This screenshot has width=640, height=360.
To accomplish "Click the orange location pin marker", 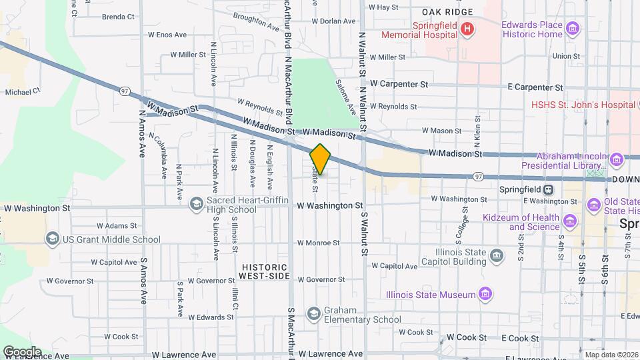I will pos(321,159).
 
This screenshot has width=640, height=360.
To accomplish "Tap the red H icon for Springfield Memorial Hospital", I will pos(467,29).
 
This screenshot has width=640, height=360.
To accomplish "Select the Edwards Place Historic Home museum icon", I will pos(572,29).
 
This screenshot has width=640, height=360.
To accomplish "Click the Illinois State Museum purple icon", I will pos(485,294).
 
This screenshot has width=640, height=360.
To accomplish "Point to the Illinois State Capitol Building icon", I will pos(496,256).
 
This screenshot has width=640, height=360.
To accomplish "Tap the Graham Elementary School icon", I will pos(314,313).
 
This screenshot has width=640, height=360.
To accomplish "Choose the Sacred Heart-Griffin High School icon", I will pos(197,203).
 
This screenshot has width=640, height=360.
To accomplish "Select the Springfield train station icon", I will pos(548,189).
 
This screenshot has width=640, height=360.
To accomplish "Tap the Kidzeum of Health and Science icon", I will pos(570,221).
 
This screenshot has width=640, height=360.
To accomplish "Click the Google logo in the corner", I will pos(22,351).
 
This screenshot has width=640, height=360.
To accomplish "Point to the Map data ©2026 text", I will pos(611,355).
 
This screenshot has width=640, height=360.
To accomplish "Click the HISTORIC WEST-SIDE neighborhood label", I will pos(265,271).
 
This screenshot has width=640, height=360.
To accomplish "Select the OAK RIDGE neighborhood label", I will pos(447,12).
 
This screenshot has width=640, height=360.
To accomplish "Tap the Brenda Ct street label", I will pos(118,16).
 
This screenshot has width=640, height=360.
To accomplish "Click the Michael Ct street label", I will pos(23,91).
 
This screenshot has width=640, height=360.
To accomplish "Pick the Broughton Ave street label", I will pos(256,21).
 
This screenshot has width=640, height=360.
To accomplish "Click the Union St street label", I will pos(565,57).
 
